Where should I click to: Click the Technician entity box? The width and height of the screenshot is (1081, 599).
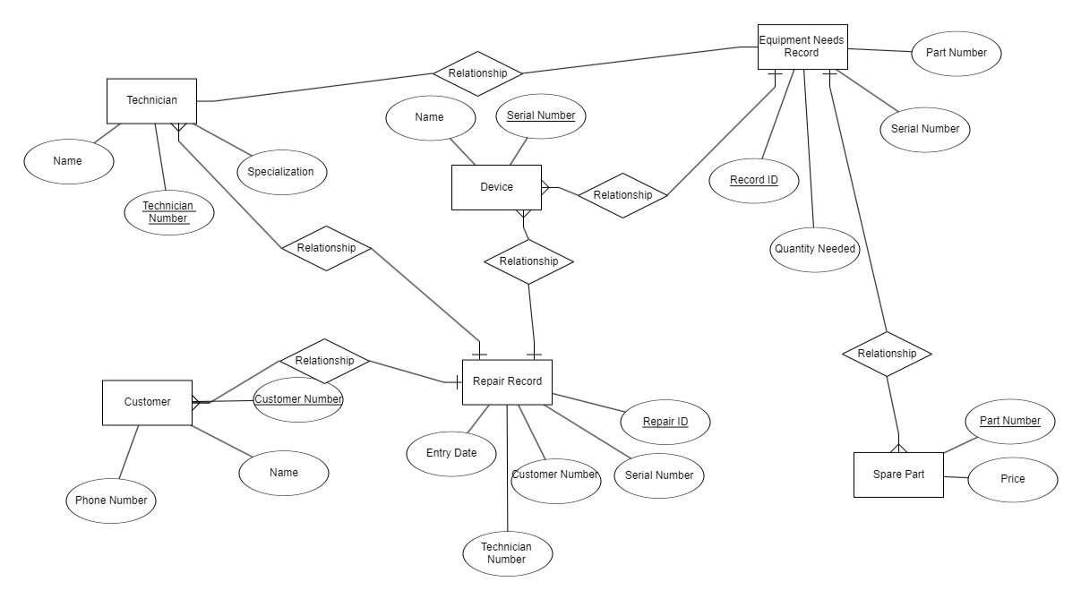coord(151,101)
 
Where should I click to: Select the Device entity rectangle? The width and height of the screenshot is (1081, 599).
coord(496,187)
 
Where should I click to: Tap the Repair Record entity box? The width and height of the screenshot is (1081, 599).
coord(507,382)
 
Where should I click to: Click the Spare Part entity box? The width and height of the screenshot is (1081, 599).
coord(898,474)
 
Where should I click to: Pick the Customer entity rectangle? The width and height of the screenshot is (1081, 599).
coord(147,402)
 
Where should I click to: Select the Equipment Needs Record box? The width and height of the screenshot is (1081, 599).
coord(801,47)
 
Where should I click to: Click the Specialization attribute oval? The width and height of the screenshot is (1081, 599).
coord(280,171)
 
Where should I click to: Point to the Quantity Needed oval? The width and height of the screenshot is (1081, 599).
coord(814,249)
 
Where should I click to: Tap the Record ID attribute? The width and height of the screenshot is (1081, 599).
coord(753,180)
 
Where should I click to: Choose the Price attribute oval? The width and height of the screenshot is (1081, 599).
coord(1012,479)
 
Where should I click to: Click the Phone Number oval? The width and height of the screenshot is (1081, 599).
coord(110,500)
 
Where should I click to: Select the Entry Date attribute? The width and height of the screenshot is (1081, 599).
coord(452,453)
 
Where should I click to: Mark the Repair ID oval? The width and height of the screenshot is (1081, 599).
coord(665,420)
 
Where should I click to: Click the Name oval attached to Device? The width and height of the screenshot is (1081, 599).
coord(430,118)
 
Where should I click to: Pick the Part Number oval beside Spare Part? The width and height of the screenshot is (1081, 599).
coord(1009,420)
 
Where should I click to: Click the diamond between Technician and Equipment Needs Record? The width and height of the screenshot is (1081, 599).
coord(477,73)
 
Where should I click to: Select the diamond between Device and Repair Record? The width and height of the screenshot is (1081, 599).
coord(528,261)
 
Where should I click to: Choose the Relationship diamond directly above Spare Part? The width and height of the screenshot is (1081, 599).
coord(887,354)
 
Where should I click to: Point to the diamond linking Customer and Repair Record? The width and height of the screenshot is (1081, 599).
coord(324,361)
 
